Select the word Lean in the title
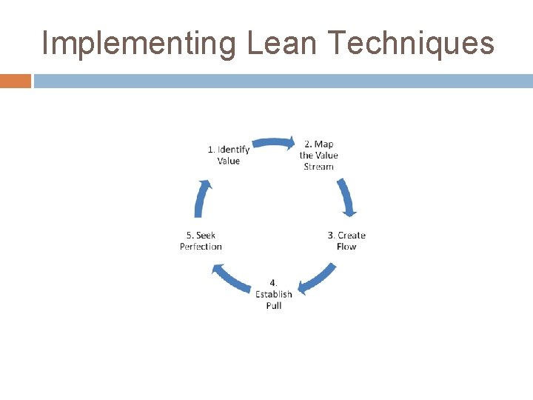pyautogui.click(x=284, y=44)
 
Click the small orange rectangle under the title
pyautogui.click(x=16, y=81)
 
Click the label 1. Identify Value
pyautogui.click(x=229, y=155)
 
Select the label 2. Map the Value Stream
pyautogui.click(x=318, y=156)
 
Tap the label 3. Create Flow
pyautogui.click(x=346, y=241)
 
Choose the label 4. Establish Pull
pyautogui.click(x=274, y=294)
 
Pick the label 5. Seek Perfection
pyautogui.click(x=201, y=241)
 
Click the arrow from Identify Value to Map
pyautogui.click(x=274, y=143)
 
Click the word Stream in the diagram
pyautogui.click(x=318, y=167)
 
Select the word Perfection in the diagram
pyautogui.click(x=201, y=247)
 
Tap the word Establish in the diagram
pyautogui.click(x=274, y=294)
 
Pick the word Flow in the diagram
pyautogui.click(x=346, y=247)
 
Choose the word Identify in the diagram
pyautogui.click(x=233, y=150)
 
